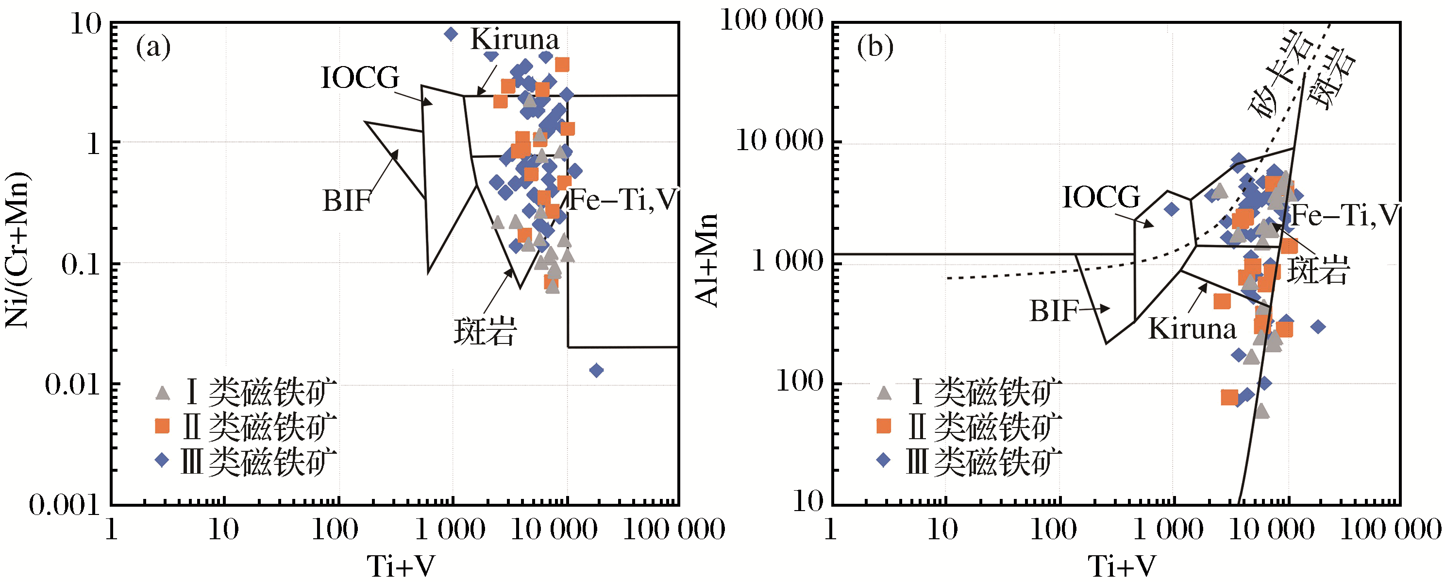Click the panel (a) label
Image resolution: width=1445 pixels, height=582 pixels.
[153, 47]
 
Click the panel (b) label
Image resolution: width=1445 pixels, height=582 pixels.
[875, 47]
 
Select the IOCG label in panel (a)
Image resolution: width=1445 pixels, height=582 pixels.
[360, 77]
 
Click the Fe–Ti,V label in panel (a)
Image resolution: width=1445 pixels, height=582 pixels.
[622, 200]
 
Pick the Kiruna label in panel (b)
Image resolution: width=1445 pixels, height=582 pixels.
[1192, 328]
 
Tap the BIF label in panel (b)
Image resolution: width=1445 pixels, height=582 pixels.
[1054, 311]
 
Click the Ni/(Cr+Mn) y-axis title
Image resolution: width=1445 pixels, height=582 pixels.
[17, 250]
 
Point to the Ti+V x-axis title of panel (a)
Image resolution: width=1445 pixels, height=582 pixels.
[401, 565]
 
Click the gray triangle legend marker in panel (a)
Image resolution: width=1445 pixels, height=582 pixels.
[162, 393]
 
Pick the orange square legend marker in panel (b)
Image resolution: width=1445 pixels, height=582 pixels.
[884, 426]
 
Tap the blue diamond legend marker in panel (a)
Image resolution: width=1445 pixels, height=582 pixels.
[162, 460]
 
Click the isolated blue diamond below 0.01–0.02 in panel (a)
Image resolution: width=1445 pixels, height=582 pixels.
[596, 370]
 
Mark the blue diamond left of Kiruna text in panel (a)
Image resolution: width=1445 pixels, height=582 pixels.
[451, 34]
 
